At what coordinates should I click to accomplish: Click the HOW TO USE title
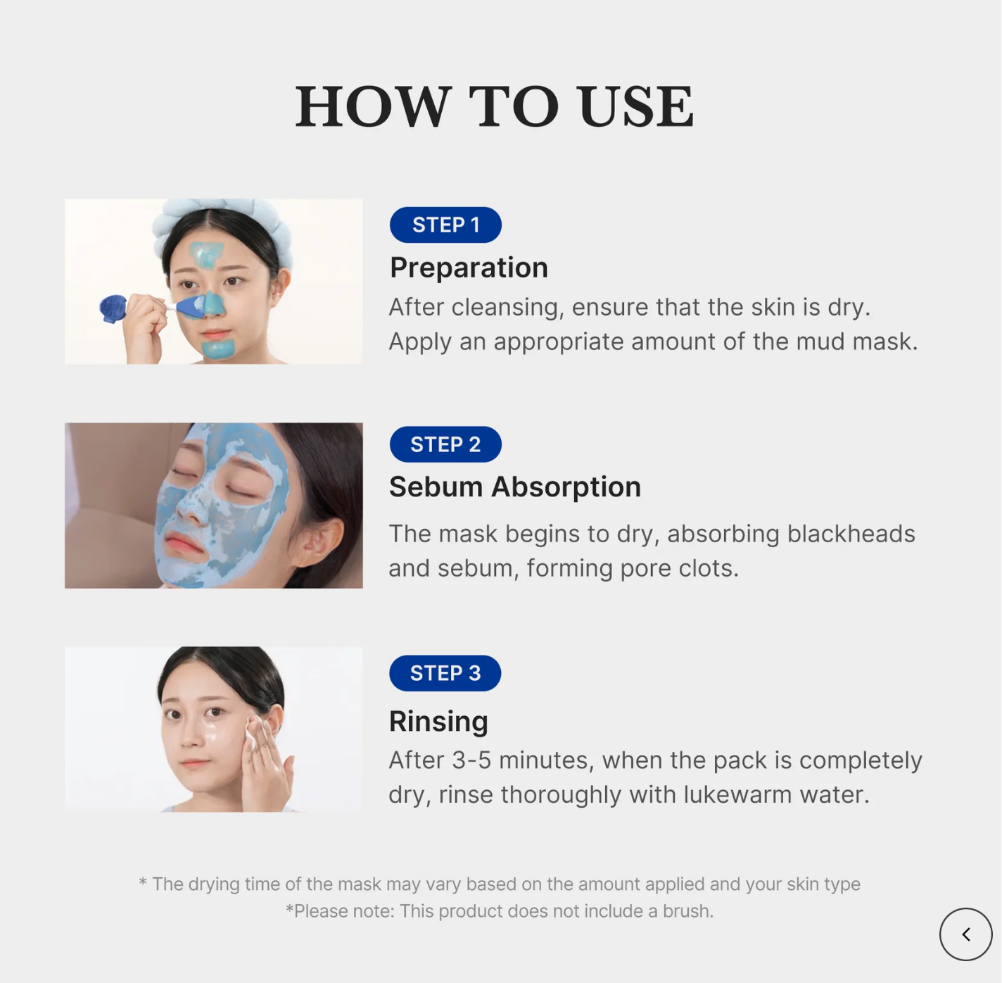point(495,106)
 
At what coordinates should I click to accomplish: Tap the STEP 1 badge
point(445,225)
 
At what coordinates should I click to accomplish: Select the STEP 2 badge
point(445,444)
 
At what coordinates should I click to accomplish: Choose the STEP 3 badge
point(445,673)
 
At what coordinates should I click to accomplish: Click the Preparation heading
point(469,268)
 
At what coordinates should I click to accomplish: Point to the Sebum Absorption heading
point(514,487)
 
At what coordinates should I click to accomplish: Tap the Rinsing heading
point(438,721)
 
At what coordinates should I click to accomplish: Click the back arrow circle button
point(965,934)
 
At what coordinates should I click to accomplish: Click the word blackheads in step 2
point(851,534)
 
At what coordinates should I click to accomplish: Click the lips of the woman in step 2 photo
point(185,544)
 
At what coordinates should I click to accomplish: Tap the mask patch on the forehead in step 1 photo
point(207,253)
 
